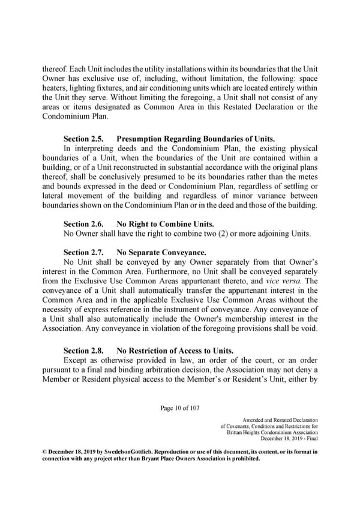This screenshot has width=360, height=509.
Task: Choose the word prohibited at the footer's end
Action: pos(245,459)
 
